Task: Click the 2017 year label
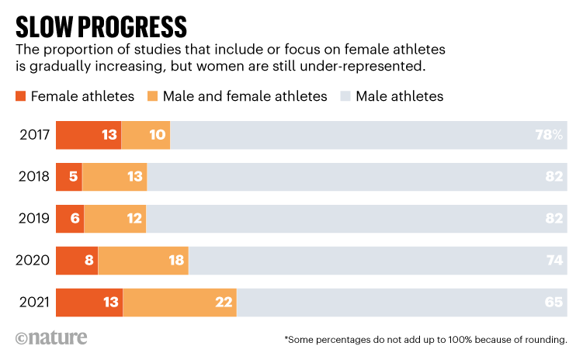pos(33,135)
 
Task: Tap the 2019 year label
pos(33,220)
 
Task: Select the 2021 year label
pos(33,303)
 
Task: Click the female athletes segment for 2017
pos(88,135)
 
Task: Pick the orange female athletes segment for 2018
pos(68,177)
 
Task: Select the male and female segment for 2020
pos(143,261)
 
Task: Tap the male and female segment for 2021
pos(179,303)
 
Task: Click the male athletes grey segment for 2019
pos(356,220)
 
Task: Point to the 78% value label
pos(548,135)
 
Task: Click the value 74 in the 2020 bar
pos(554,261)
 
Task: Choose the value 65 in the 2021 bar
pos(554,303)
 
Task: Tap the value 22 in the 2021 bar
pos(224,303)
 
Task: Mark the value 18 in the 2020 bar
pos(176,261)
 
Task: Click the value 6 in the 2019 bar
pos(75,220)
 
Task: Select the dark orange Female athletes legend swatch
pos(20,97)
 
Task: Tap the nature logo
pos(50,338)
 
